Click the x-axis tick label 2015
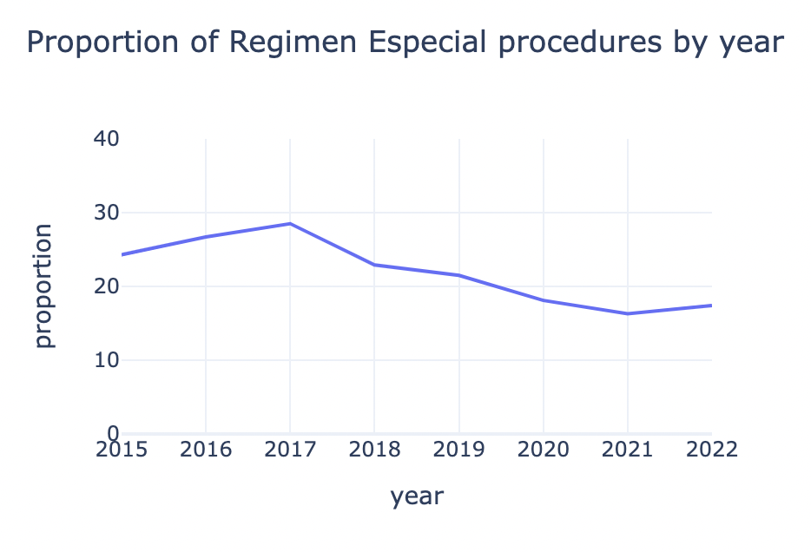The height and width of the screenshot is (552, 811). coord(121,450)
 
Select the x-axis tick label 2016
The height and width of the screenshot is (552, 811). coord(205,450)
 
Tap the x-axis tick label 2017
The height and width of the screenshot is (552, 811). coord(289,450)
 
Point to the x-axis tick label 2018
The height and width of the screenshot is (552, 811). coord(374,450)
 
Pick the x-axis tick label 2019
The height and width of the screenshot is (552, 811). coord(458,450)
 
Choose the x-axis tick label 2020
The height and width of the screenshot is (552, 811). coord(543,450)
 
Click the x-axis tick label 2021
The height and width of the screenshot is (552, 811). coord(627,450)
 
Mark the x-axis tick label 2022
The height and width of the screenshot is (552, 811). coord(711,450)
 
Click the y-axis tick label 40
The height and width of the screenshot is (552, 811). coord(105,139)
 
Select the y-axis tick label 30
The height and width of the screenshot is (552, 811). coord(105,213)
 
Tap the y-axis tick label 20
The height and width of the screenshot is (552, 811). coord(105,286)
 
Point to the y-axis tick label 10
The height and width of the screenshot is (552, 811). coord(105,360)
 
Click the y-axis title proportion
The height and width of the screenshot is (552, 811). coord(43,286)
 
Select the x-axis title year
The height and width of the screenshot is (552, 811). coord(417,496)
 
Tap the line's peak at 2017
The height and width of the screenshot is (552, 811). coord(289,224)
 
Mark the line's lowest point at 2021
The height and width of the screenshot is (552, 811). coord(627,313)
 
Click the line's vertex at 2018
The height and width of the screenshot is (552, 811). coord(374,265)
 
